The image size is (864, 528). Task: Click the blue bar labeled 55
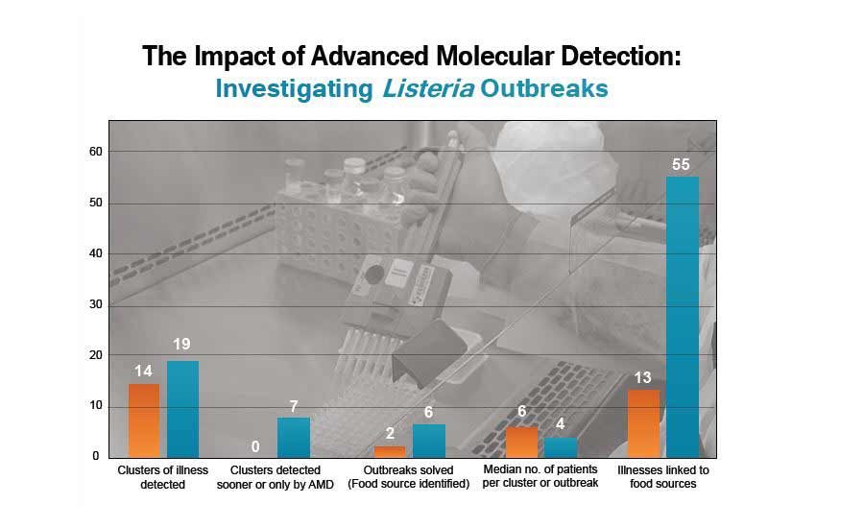(682, 317)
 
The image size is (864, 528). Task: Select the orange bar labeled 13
(643, 423)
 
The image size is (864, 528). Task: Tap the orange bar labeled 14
(144, 420)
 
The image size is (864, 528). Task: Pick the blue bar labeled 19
(182, 409)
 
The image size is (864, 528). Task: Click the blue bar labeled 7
(294, 438)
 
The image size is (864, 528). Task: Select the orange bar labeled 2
(389, 451)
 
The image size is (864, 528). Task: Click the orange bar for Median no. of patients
(521, 442)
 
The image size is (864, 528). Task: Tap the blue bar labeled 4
(561, 447)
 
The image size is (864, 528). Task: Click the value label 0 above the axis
(255, 446)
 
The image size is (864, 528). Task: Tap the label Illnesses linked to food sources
(662, 477)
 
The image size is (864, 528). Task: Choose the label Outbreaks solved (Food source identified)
(409, 477)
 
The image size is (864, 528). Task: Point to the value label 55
(681, 165)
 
